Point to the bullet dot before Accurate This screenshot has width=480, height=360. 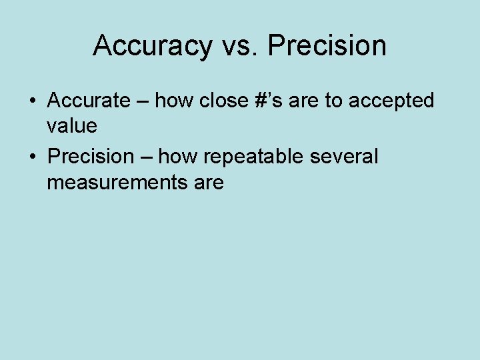[32, 101]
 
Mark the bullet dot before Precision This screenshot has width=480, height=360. [32, 157]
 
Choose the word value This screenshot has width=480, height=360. [72, 125]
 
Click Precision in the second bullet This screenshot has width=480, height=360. [91, 157]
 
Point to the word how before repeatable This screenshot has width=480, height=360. [181, 157]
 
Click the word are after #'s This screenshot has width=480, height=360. [305, 101]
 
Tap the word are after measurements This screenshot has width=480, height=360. [207, 182]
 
